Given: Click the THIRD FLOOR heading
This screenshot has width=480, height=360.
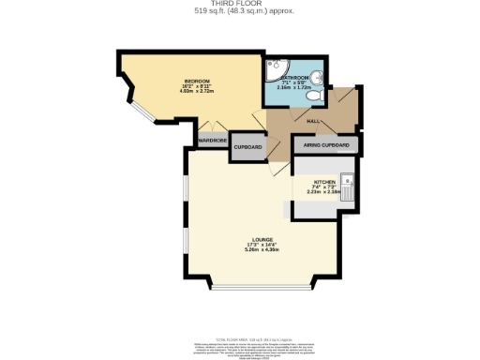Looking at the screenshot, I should tap(241, 5).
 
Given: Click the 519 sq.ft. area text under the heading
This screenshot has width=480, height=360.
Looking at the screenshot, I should tap(241, 12).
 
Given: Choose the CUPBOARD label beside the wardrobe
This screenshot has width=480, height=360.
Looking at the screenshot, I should tap(247, 146).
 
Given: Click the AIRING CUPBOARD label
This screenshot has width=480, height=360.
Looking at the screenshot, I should tap(326, 146).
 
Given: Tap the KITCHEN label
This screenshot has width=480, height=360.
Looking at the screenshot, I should tap(323, 183).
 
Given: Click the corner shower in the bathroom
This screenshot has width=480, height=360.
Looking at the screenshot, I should tap(276, 68).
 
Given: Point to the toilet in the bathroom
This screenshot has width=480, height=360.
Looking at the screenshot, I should tap(313, 94).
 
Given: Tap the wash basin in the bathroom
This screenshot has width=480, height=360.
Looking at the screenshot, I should tap(320, 77).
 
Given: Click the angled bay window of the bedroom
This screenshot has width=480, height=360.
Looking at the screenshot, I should tap(140, 111).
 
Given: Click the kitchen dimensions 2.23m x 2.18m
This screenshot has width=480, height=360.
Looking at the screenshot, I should tap(323, 194).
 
